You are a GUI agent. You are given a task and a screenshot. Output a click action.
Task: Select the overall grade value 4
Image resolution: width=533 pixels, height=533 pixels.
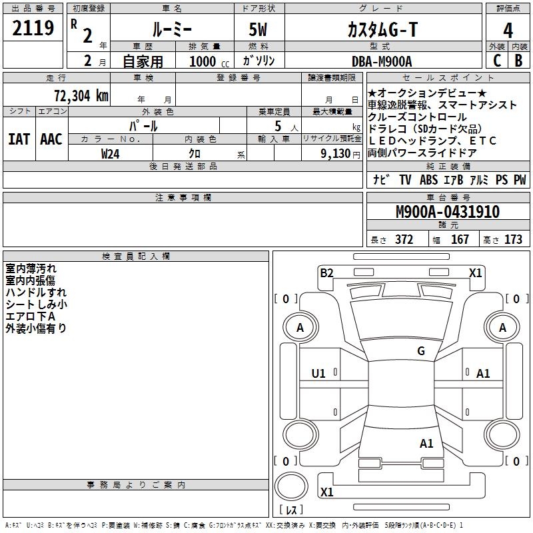[508, 30]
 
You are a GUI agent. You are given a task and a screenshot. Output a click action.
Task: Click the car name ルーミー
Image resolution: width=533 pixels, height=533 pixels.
[172, 30]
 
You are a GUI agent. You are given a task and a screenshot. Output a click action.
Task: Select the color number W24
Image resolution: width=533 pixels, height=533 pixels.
[111, 153]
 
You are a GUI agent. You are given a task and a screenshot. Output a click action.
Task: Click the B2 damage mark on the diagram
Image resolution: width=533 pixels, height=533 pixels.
[326, 272]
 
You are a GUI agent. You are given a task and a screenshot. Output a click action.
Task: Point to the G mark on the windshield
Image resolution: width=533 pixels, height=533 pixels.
[420, 351]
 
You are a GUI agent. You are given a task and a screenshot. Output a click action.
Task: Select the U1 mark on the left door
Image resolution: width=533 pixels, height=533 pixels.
[318, 374]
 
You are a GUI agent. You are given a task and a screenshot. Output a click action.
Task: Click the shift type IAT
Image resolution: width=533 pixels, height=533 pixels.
[19, 139]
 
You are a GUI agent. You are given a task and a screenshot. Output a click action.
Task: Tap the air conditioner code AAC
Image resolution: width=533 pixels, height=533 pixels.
[51, 139]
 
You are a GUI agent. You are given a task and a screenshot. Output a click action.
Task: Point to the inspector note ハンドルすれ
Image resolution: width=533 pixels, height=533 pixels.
[36, 292]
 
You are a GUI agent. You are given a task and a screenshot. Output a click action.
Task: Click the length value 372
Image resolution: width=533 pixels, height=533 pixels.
[404, 239]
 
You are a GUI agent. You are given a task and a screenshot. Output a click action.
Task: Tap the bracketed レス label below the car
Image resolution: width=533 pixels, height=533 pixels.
[291, 510]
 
